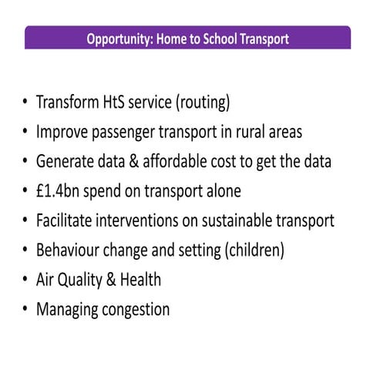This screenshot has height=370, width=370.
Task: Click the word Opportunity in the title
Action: click(x=117, y=39)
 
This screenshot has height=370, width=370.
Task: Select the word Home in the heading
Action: click(x=173, y=39)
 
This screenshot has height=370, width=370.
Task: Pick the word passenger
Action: click(x=126, y=133)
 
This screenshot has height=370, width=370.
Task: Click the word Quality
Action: click(x=83, y=280)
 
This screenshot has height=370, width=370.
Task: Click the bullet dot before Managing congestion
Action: click(x=25, y=310)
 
